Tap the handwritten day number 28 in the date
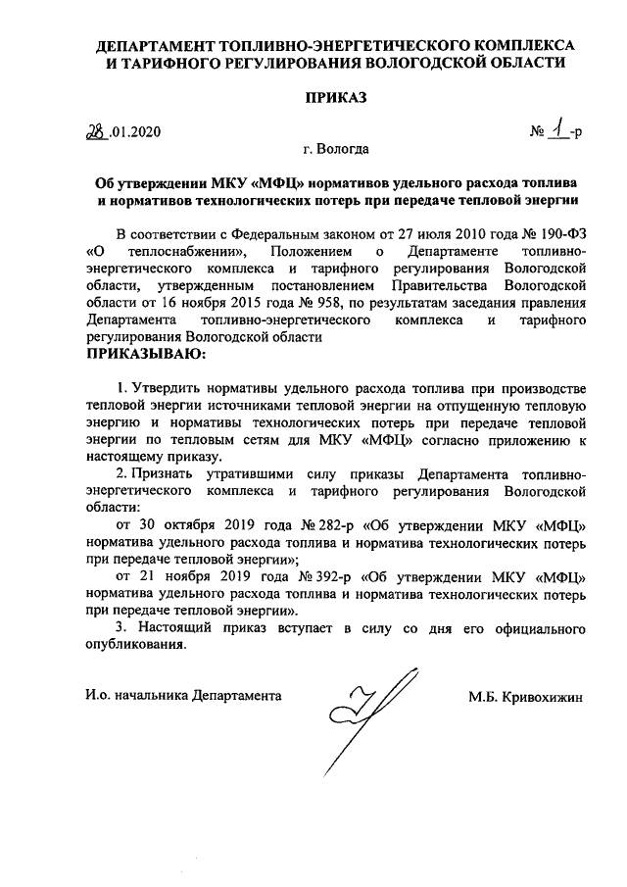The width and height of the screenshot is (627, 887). [x=95, y=130]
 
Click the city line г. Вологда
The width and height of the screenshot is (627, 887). [x=336, y=150]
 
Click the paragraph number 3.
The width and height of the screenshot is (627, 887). [x=121, y=626]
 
